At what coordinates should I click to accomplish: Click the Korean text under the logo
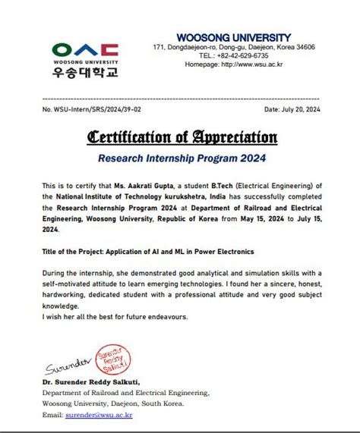click(x=85, y=74)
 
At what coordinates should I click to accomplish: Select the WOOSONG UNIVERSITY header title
click(x=233, y=37)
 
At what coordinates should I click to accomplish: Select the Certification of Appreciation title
click(x=182, y=137)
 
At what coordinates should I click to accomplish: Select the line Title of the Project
click(x=148, y=251)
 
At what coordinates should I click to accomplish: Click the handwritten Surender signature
click(x=68, y=368)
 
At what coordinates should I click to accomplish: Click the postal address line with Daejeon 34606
click(x=233, y=47)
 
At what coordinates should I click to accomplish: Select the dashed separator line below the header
click(x=182, y=99)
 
